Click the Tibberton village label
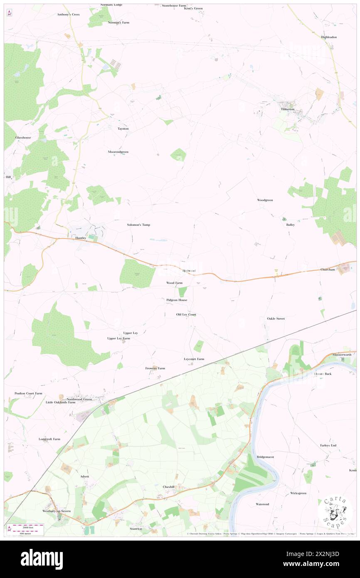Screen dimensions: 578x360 [287, 109]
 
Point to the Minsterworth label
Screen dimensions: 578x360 [342, 354]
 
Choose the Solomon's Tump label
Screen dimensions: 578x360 [138, 225]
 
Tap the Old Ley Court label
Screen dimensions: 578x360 [186, 315]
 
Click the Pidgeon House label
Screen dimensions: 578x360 [177, 300]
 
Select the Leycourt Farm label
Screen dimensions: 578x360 [194, 359]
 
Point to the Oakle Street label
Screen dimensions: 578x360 [276, 319]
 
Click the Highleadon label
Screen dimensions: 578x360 [329, 37]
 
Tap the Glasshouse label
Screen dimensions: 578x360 [23, 137]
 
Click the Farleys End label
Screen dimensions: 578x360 [328, 445]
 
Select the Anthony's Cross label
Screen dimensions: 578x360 [69, 14]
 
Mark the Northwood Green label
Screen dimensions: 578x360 [79, 399]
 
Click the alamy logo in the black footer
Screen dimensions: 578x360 [42, 559]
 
